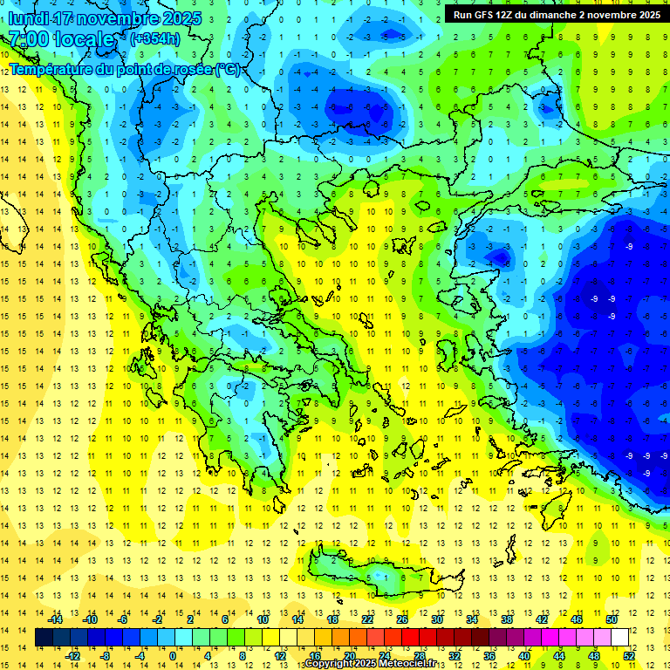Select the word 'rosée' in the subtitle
(x=191, y=69)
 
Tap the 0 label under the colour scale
(x=173, y=656)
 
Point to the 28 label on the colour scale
(x=420, y=656)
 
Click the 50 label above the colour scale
(x=611, y=619)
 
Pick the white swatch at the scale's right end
(x=619, y=638)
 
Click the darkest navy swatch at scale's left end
(x=44, y=638)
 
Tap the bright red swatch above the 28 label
(x=420, y=638)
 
